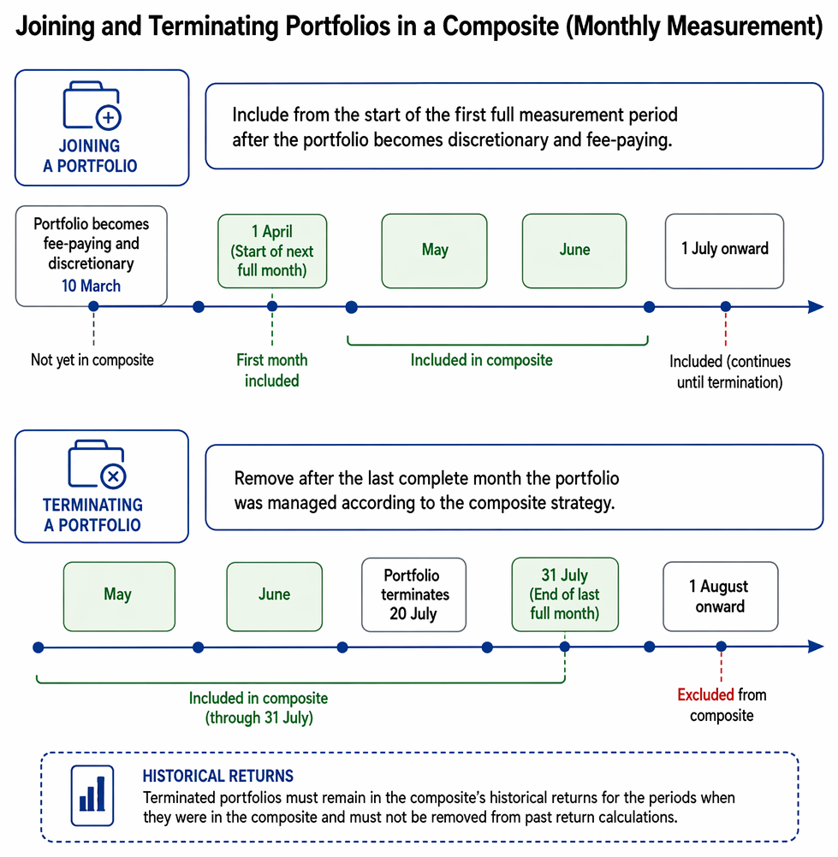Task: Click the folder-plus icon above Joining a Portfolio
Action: [92, 105]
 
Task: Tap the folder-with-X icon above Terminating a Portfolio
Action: [97, 464]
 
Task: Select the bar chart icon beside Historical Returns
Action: [92, 795]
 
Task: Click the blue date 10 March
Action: [91, 286]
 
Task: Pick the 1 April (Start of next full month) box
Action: [272, 251]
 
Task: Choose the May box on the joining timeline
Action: [434, 251]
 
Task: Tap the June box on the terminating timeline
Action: [275, 596]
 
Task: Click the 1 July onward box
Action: [725, 251]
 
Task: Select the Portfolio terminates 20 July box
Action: [414, 594]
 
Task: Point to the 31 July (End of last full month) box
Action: [565, 594]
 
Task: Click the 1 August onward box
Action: [721, 596]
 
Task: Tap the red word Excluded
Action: [705, 694]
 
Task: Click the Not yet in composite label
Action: [92, 360]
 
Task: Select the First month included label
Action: [272, 370]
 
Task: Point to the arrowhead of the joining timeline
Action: [816, 306]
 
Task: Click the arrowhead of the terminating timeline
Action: [816, 647]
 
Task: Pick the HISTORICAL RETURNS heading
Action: [217, 776]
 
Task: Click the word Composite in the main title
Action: [500, 26]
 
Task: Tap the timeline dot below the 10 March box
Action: [93, 306]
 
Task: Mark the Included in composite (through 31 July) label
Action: [259, 708]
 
